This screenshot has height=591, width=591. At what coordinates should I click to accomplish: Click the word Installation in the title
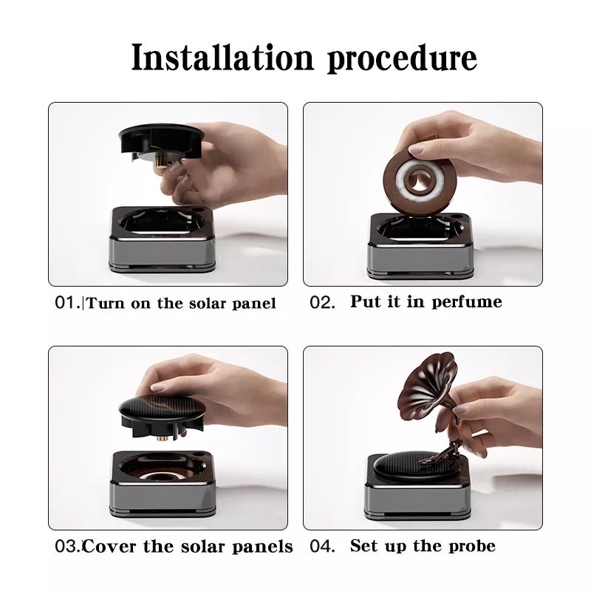tap(222, 57)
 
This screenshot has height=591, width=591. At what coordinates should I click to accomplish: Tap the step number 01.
tap(67, 302)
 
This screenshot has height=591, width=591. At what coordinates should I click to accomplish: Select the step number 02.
tap(322, 302)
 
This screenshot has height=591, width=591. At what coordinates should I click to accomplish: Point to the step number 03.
tap(67, 547)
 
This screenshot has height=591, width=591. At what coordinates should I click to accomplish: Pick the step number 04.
tap(322, 546)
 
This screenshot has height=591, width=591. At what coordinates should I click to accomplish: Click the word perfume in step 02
tap(467, 302)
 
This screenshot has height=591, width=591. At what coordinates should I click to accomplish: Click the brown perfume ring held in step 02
tap(420, 180)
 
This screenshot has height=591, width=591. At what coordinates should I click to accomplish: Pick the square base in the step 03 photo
tap(163, 484)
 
